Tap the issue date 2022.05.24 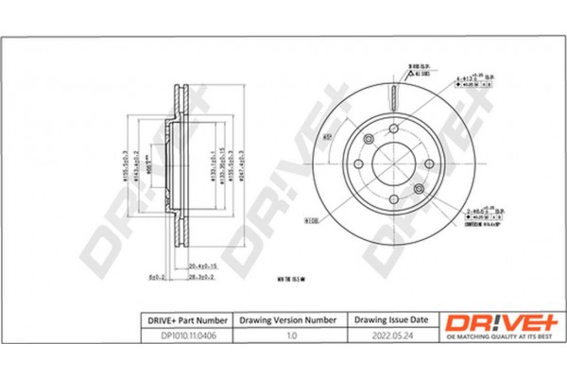point(391,333)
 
